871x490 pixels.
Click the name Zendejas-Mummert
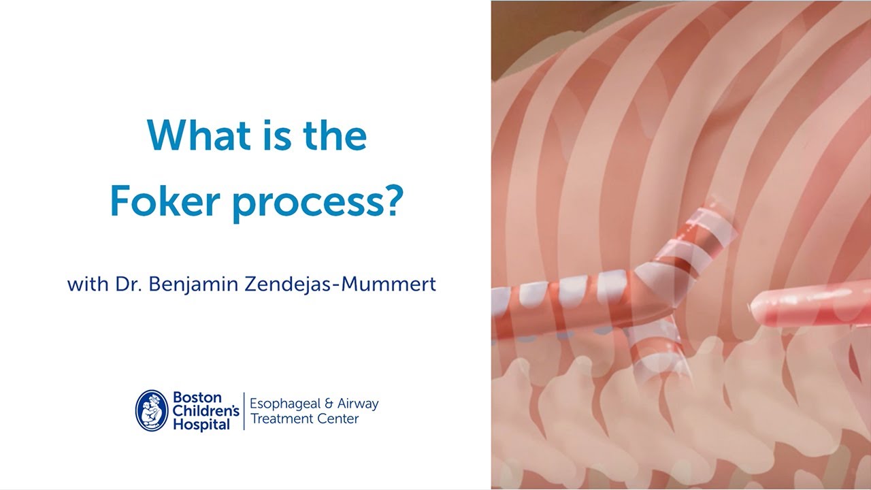[x=355, y=284]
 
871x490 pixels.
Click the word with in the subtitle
[x=86, y=284]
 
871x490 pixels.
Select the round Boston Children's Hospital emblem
[x=152, y=410]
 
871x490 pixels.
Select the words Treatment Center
[x=304, y=419]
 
